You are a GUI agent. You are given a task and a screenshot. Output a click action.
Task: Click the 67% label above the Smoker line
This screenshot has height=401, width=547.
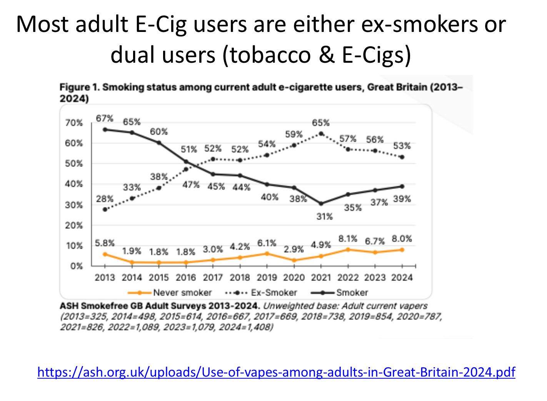coord(105,119)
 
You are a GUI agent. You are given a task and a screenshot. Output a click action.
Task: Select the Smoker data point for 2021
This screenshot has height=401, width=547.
coord(321,204)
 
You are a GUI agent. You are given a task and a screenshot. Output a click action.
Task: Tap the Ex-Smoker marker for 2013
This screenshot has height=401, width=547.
coord(105,209)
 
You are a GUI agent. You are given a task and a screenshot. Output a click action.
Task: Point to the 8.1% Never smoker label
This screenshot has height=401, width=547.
coord(348,239)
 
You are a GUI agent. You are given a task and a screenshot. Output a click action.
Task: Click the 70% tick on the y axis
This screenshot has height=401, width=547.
coord(74,123)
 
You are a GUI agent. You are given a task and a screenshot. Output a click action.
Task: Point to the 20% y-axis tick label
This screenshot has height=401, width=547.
coord(74,225)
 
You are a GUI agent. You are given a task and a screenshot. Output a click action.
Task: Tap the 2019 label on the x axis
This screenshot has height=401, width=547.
coord(267,277)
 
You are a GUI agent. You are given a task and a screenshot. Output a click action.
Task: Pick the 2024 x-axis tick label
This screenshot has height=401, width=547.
coord(402,277)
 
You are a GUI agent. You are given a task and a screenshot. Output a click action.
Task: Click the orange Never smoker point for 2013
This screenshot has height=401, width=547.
coord(105,254)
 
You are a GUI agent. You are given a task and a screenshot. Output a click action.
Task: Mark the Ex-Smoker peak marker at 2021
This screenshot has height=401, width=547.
coord(321,134)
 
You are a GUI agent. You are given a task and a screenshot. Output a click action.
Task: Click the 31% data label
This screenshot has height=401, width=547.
coord(325,217)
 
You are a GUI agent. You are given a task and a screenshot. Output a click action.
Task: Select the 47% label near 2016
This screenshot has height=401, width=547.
coord(191,185)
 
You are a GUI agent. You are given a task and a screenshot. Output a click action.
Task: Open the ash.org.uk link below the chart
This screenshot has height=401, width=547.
coord(276,372)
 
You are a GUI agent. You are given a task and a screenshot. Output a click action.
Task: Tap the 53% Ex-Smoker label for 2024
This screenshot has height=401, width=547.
coord(402,146)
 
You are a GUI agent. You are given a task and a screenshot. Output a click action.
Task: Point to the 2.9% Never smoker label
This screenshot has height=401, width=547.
coord(294,249)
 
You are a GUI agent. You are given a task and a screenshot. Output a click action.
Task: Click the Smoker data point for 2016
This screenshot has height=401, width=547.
coord(186,162)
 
